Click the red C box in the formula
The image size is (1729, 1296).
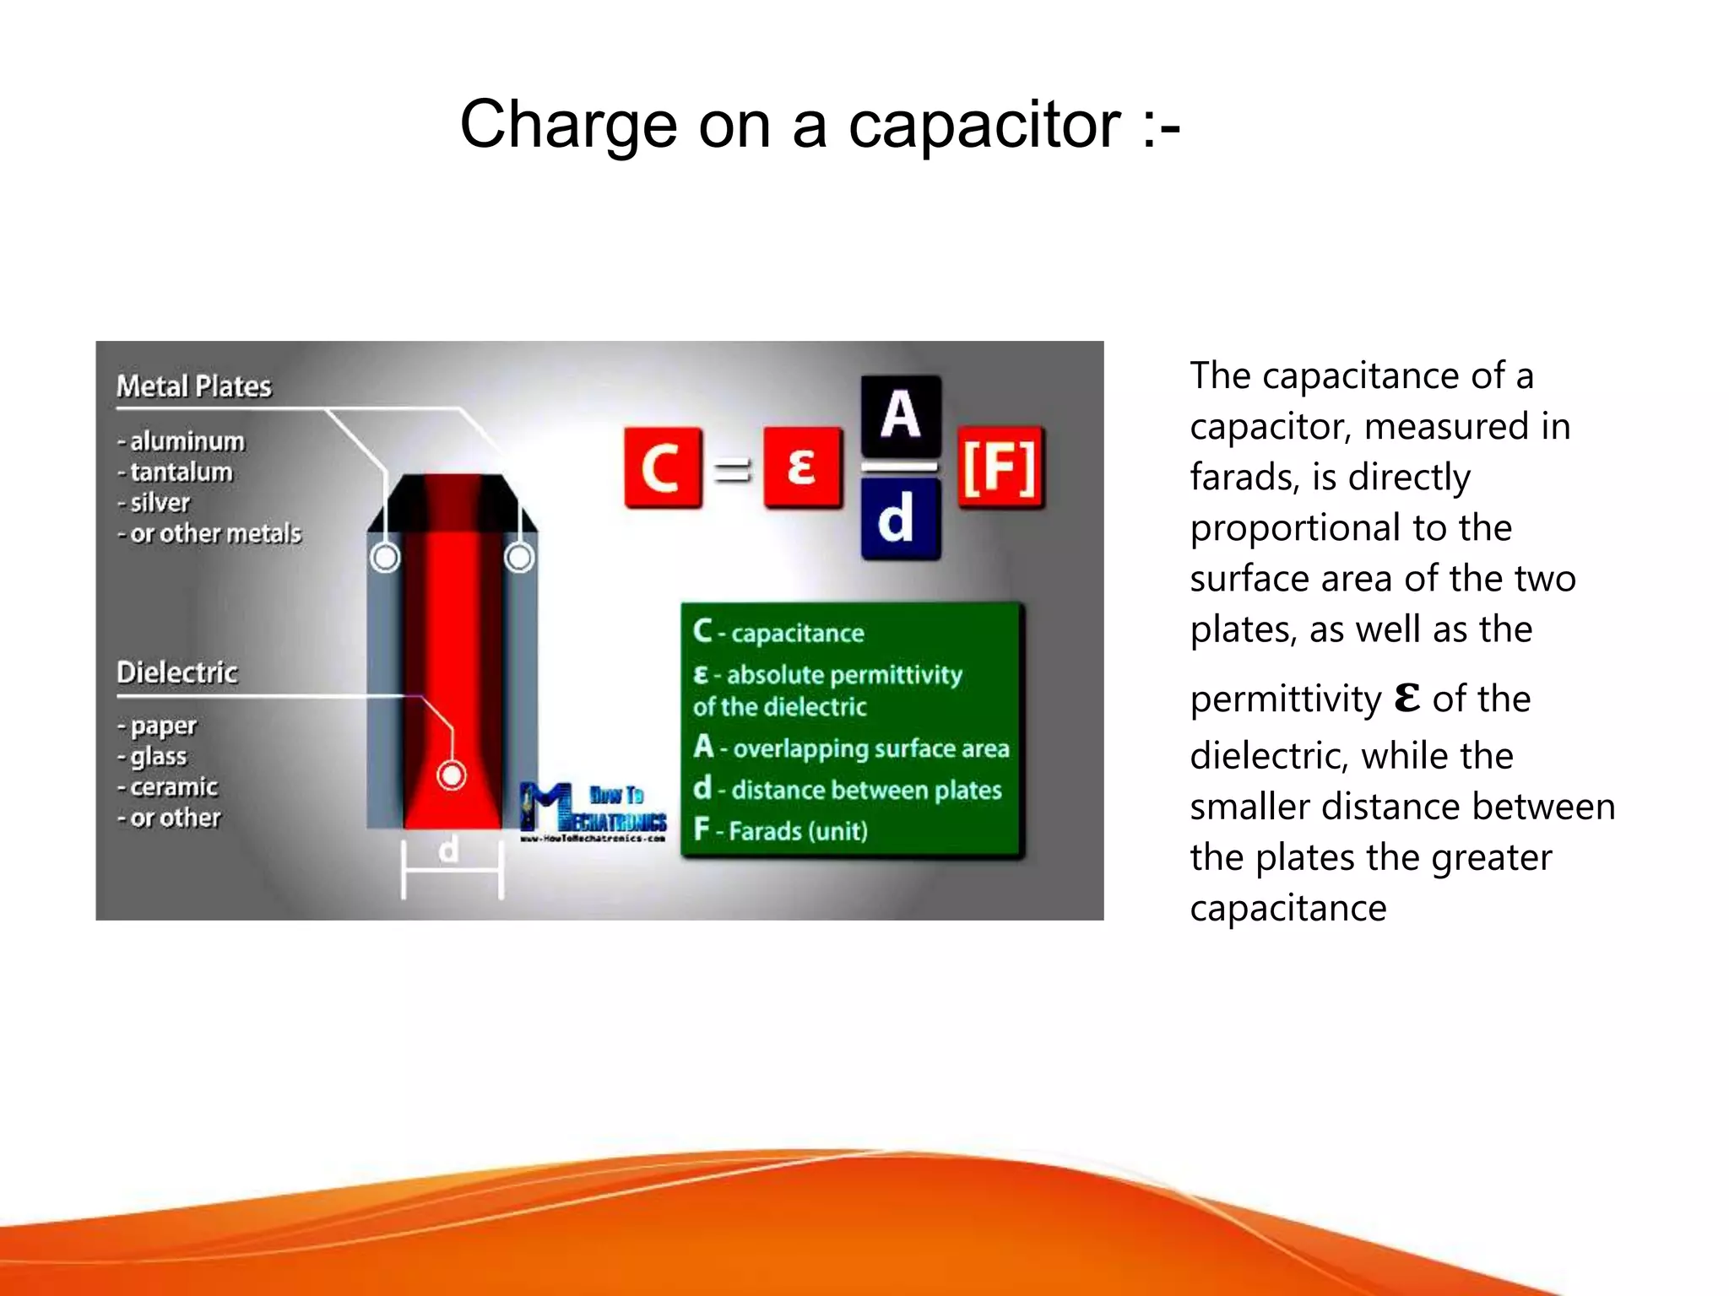click(663, 467)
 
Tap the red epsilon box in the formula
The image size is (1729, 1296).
click(802, 467)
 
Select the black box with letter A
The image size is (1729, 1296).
click(900, 415)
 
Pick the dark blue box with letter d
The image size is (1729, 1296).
click(900, 519)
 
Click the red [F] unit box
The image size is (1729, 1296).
click(1000, 467)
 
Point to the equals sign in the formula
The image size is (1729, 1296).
click(732, 469)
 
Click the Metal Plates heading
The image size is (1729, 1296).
click(194, 386)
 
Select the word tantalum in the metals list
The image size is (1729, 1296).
click(181, 472)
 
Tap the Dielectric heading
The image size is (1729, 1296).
click(177, 672)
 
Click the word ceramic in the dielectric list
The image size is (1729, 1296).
click(174, 787)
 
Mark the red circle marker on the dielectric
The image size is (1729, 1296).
click(452, 775)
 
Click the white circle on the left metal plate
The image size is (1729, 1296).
click(385, 558)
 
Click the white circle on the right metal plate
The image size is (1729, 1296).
click(519, 558)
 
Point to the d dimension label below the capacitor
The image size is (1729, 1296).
click(450, 850)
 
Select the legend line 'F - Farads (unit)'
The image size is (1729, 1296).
click(781, 831)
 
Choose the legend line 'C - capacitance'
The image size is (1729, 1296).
click(778, 633)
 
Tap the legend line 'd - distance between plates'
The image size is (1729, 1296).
click(848, 790)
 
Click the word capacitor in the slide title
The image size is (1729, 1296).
click(984, 125)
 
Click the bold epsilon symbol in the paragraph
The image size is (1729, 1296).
click(1407, 698)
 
